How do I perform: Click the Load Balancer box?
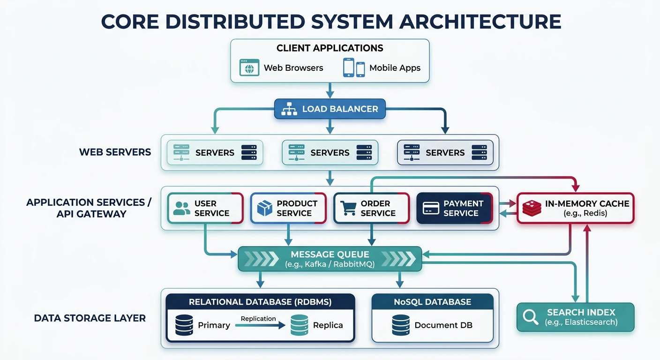pyautogui.click(x=330, y=109)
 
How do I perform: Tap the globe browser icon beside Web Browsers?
pyautogui.click(x=249, y=67)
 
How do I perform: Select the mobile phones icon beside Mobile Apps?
pyautogui.click(x=354, y=67)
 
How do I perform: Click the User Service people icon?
pyautogui.click(x=182, y=208)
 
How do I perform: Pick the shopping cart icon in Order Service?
pyautogui.click(x=348, y=208)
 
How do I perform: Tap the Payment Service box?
pyautogui.click(x=454, y=208)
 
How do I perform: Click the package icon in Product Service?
pyautogui.click(x=265, y=208)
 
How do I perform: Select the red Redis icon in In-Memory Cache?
pyautogui.click(x=532, y=208)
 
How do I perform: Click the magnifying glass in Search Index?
pyautogui.click(x=531, y=317)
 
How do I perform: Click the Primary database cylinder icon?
pyautogui.click(x=184, y=325)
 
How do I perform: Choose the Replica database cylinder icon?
pyautogui.click(x=299, y=325)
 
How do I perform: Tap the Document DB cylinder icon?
pyautogui.click(x=401, y=325)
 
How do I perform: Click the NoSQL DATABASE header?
pyautogui.click(x=432, y=302)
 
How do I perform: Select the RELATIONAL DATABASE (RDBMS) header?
pyautogui.click(x=260, y=302)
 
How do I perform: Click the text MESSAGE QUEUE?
pyautogui.click(x=330, y=255)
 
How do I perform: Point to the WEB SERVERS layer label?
pyautogui.click(x=115, y=152)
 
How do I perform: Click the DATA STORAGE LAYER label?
pyautogui.click(x=90, y=318)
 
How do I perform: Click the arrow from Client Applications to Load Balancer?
pyautogui.click(x=330, y=90)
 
